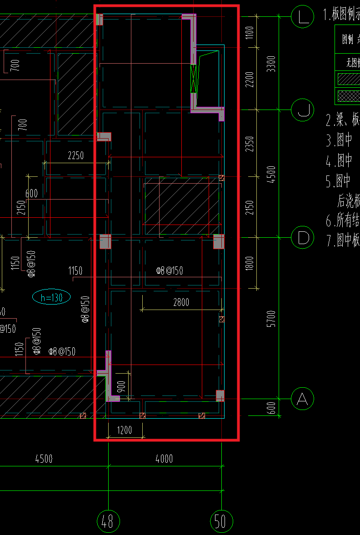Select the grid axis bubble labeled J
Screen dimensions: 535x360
point(302,110)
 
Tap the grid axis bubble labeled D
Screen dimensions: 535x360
point(302,237)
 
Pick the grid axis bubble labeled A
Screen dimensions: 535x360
point(302,399)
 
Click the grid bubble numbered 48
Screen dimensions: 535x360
point(108,521)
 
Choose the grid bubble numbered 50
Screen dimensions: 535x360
point(221,521)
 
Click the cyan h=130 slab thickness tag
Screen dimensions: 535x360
point(51,298)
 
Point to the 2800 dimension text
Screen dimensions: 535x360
point(181,302)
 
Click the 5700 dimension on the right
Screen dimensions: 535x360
point(271,319)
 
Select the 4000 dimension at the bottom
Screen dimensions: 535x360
point(164,459)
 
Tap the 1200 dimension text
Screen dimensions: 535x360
point(125,430)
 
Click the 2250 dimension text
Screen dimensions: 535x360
point(75,155)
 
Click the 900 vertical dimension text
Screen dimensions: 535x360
point(121,387)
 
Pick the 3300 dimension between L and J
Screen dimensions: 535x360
point(271,64)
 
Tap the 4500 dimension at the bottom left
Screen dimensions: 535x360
point(44,459)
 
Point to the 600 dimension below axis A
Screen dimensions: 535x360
point(271,408)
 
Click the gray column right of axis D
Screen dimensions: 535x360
point(219,241)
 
